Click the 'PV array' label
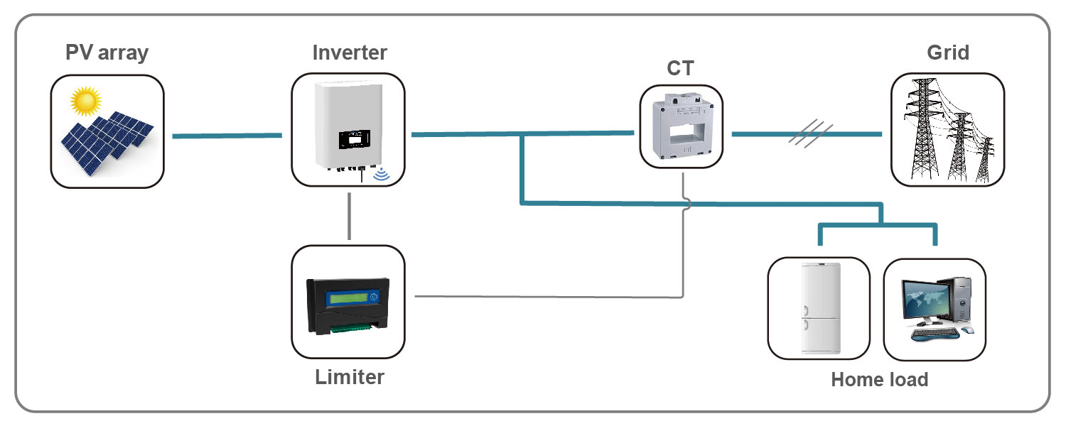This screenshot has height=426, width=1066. click(107, 53)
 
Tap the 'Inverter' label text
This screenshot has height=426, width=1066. click(350, 53)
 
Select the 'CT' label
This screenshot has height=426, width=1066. click(680, 69)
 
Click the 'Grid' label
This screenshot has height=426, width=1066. click(948, 53)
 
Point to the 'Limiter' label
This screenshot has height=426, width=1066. click(350, 376)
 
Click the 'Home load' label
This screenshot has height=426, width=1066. click(879, 380)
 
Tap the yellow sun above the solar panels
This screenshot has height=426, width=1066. click(85, 101)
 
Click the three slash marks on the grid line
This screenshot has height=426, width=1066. click(810, 133)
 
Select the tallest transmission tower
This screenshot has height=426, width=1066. click(923, 131)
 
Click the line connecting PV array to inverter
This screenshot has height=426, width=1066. click(227, 135)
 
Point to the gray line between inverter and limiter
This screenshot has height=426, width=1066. click(349, 217)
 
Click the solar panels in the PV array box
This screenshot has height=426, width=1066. click(107, 142)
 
